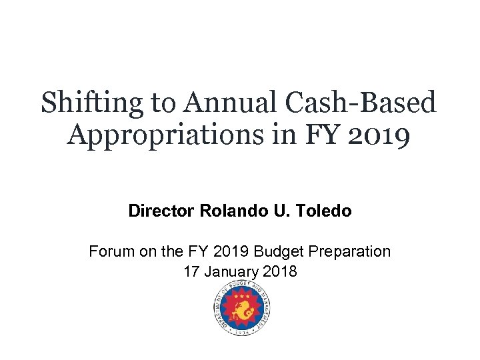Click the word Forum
tap(109, 253)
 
